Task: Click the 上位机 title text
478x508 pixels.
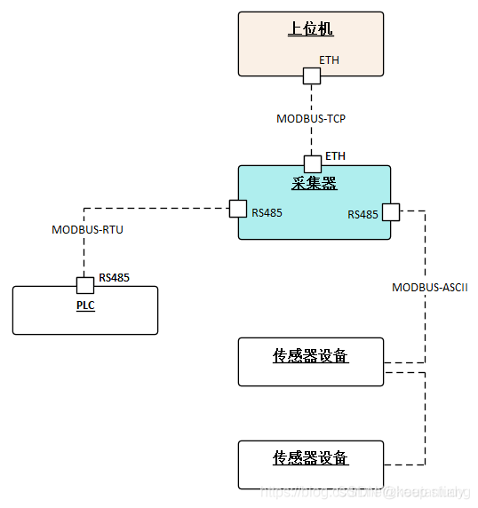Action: point(311,29)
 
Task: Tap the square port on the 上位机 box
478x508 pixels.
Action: point(312,76)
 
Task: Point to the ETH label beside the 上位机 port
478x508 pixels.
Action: point(330,61)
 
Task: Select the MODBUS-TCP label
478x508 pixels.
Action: point(311,117)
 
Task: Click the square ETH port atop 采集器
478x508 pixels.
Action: point(313,163)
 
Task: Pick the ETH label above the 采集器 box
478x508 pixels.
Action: point(335,156)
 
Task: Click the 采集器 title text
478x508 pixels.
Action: point(314,184)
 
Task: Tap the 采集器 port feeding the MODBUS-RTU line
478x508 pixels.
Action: point(238,208)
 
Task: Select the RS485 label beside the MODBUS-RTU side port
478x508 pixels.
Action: point(267,212)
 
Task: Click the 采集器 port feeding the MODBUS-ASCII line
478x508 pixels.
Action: point(391,212)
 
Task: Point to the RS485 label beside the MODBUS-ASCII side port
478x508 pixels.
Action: point(362,214)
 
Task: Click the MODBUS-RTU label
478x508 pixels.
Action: point(87,229)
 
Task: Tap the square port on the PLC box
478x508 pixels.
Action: point(84,285)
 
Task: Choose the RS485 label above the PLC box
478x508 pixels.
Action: point(114,277)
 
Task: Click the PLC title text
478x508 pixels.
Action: point(85,306)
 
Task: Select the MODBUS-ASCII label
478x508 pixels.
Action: point(430,288)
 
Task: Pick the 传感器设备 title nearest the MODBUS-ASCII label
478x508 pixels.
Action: point(310,356)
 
